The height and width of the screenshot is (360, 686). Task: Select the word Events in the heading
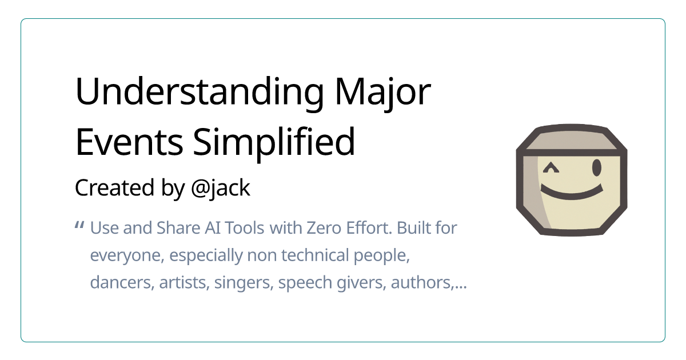click(x=129, y=142)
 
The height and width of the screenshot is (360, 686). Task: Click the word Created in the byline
click(x=114, y=187)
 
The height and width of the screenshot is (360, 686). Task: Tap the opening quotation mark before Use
click(x=79, y=226)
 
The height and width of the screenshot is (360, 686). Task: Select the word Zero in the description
click(x=324, y=228)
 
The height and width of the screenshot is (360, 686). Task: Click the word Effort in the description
click(x=369, y=228)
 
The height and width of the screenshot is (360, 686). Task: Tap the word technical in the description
click(x=315, y=255)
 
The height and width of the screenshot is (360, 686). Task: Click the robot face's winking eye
click(x=551, y=167)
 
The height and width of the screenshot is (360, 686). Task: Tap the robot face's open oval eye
click(x=597, y=167)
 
